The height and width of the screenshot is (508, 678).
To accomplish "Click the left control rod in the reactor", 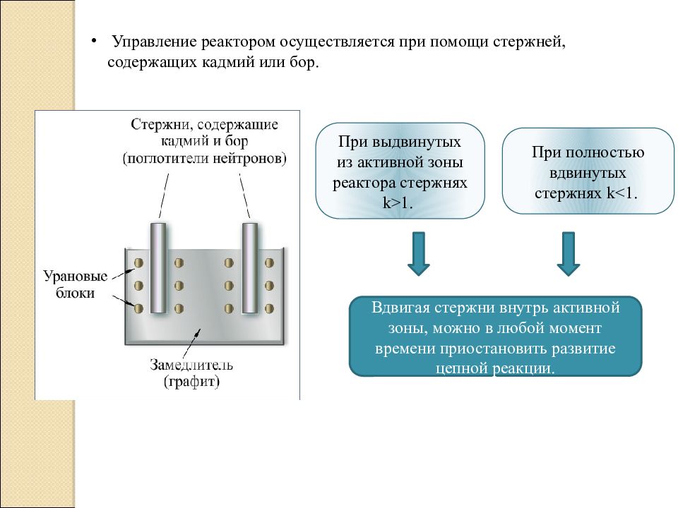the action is [x=157, y=268].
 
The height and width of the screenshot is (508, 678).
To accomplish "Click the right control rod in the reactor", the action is [x=250, y=268].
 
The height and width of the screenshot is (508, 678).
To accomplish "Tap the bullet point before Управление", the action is [x=93, y=41].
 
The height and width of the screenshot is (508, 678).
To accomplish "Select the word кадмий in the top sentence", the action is [x=228, y=63].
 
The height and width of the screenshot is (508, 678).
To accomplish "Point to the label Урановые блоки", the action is [x=76, y=284].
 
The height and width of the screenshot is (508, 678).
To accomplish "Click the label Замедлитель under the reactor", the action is [x=191, y=365].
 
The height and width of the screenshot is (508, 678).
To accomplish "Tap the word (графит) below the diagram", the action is [x=191, y=382].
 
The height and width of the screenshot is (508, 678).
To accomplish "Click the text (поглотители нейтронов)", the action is [x=205, y=159].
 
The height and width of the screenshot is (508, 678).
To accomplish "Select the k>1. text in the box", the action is [x=398, y=202].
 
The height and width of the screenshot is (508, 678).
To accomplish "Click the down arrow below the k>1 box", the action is [x=419, y=253].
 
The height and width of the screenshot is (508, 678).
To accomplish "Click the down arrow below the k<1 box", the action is [x=568, y=253].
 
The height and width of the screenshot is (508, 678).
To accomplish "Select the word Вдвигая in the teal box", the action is [x=400, y=308].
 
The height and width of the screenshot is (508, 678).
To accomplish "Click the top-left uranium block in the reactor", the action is [x=139, y=262].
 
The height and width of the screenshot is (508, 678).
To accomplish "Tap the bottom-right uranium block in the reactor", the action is [x=269, y=308].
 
